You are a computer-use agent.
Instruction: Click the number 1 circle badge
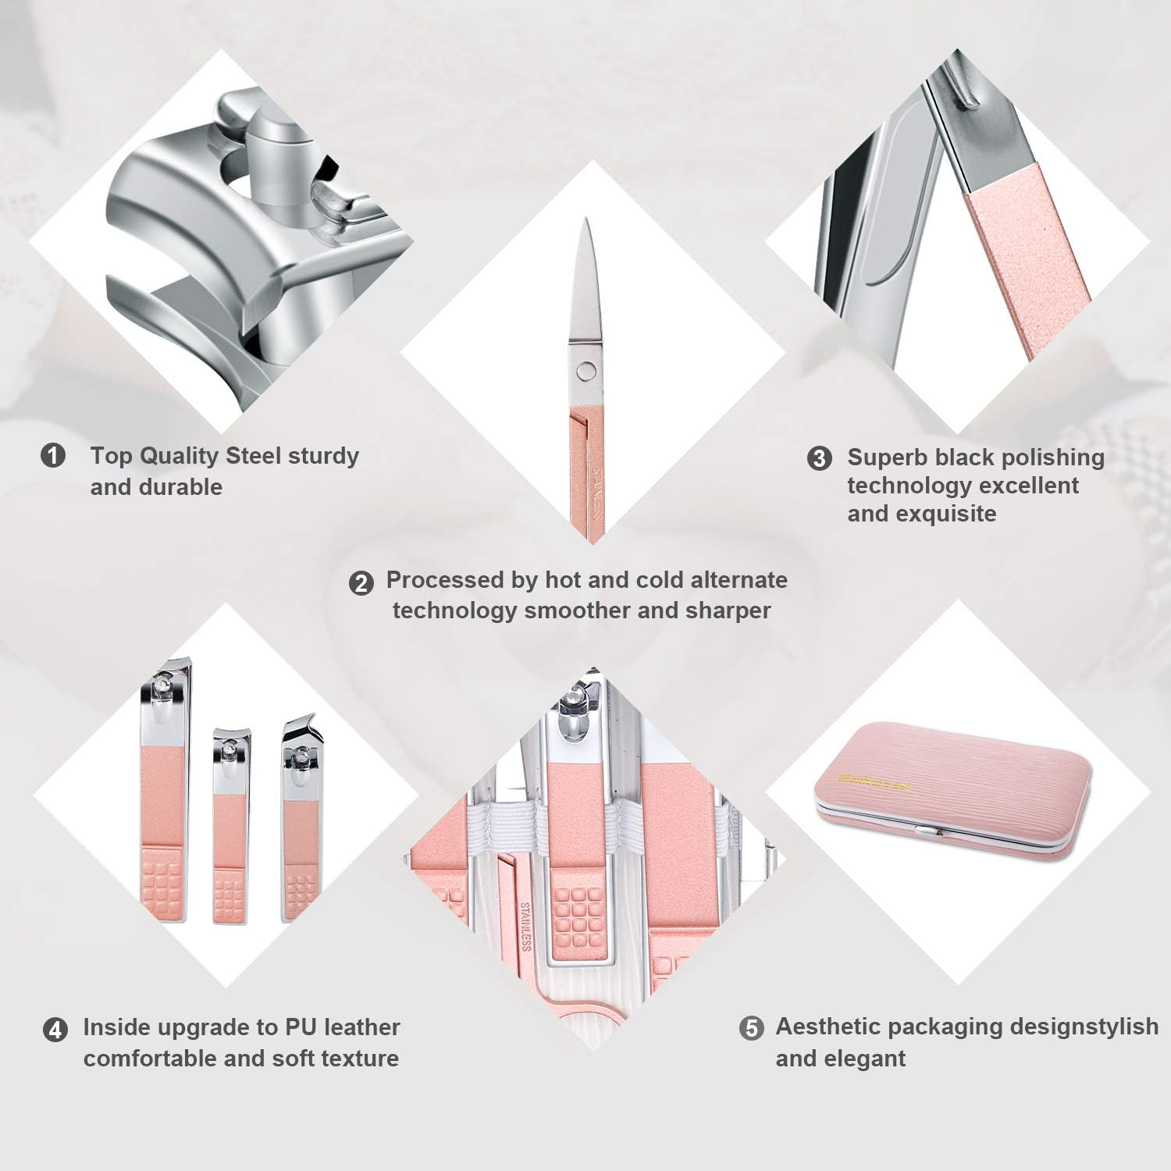[x=53, y=455]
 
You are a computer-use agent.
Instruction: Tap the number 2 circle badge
[x=361, y=582]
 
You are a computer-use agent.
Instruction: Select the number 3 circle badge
[x=819, y=458]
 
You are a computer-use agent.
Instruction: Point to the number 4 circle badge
[x=55, y=1030]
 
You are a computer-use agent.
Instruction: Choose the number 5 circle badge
[x=751, y=1028]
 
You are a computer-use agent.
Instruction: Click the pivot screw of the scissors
[x=584, y=369]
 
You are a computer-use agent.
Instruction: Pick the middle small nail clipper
[x=231, y=828]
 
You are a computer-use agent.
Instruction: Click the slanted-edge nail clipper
[x=301, y=820]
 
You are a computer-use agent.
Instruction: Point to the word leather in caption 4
[x=363, y=1027]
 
